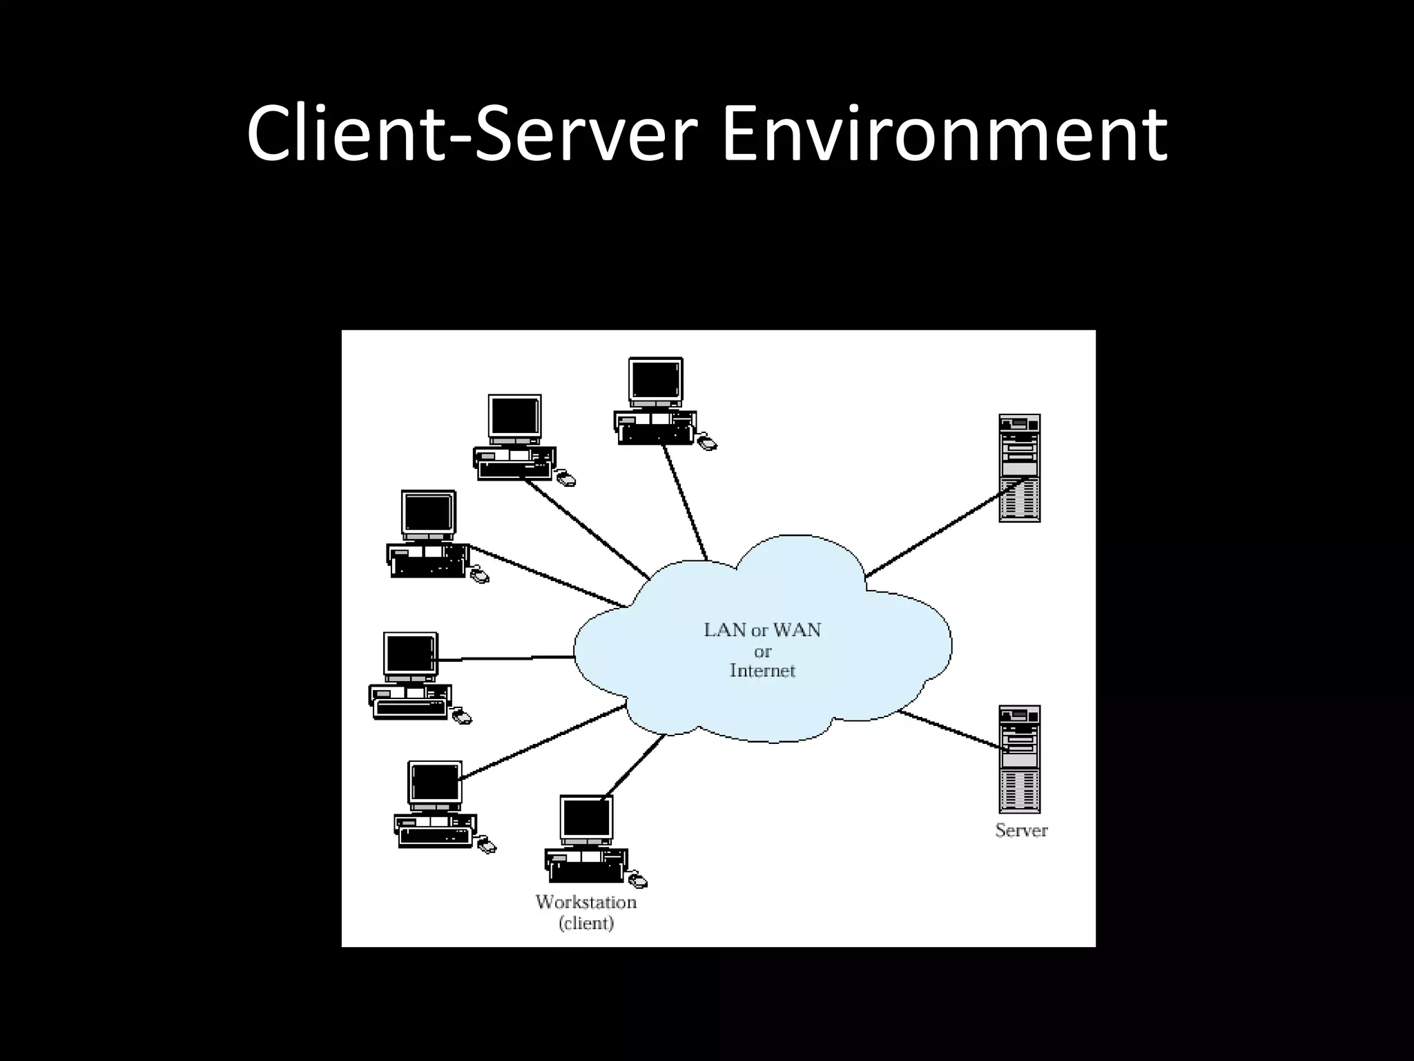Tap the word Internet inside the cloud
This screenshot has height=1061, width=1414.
pyautogui.click(x=762, y=671)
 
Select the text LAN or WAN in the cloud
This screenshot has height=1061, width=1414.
pyautogui.click(x=762, y=630)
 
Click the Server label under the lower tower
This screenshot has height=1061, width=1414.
pyautogui.click(x=1021, y=830)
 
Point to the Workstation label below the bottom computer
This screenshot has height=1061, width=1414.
pyautogui.click(x=585, y=902)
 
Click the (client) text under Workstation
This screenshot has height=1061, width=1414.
pyautogui.click(x=585, y=924)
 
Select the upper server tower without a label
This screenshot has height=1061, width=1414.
pyautogui.click(x=1019, y=468)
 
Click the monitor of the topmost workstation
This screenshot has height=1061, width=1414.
pyautogui.click(x=655, y=381)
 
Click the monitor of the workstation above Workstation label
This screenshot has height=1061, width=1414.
pyautogui.click(x=585, y=819)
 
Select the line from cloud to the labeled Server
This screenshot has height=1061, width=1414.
pyautogui.click(x=949, y=729)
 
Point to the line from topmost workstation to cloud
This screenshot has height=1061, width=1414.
pyautogui.click(x=685, y=501)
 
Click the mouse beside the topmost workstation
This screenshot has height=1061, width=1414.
pyautogui.click(x=707, y=443)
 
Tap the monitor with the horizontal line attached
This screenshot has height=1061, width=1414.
pyautogui.click(x=410, y=654)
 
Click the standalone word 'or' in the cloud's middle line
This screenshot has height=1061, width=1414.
pyautogui.click(x=762, y=651)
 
